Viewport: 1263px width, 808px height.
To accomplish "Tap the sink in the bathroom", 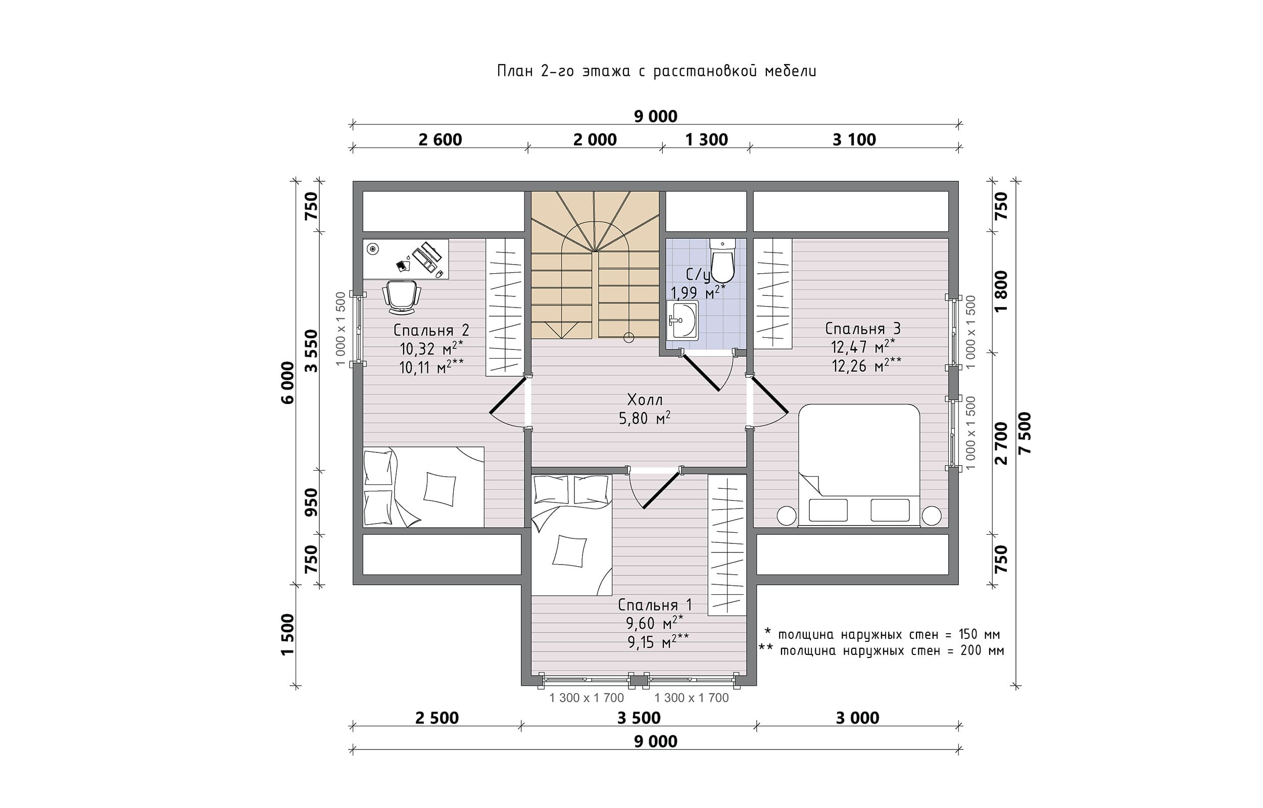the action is (x=683, y=320).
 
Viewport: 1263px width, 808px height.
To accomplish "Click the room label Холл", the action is (x=645, y=400).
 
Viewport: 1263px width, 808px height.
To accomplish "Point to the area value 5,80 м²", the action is (x=645, y=418).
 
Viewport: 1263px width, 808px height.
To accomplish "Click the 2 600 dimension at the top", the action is (x=440, y=139).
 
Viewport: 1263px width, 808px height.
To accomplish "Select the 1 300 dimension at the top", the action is (x=706, y=139).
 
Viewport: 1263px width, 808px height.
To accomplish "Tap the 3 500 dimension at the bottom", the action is (x=639, y=718).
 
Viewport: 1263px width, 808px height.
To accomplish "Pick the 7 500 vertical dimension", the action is (x=1025, y=433).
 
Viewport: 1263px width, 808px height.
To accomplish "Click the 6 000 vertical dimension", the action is (x=287, y=382).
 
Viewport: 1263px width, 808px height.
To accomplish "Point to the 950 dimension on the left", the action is (x=312, y=502).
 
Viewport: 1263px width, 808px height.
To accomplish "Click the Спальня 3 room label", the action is (x=863, y=328).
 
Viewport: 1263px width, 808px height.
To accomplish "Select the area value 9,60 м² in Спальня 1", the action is (x=654, y=623).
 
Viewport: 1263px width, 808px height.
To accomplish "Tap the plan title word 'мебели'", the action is (x=790, y=71).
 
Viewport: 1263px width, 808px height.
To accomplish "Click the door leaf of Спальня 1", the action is (x=662, y=489).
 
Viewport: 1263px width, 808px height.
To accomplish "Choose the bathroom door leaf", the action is (x=701, y=373).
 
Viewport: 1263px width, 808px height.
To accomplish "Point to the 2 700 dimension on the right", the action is (x=1001, y=443).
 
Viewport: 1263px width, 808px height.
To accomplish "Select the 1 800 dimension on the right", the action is (x=1001, y=291).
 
